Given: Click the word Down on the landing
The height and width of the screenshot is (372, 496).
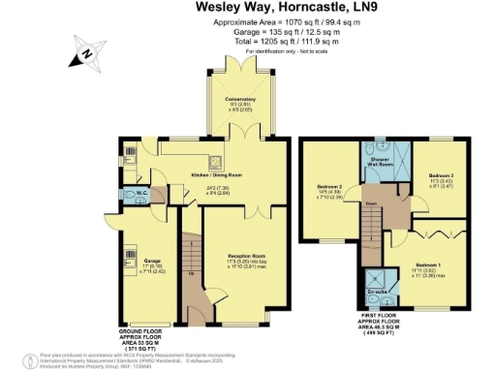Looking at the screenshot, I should point(370,203).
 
